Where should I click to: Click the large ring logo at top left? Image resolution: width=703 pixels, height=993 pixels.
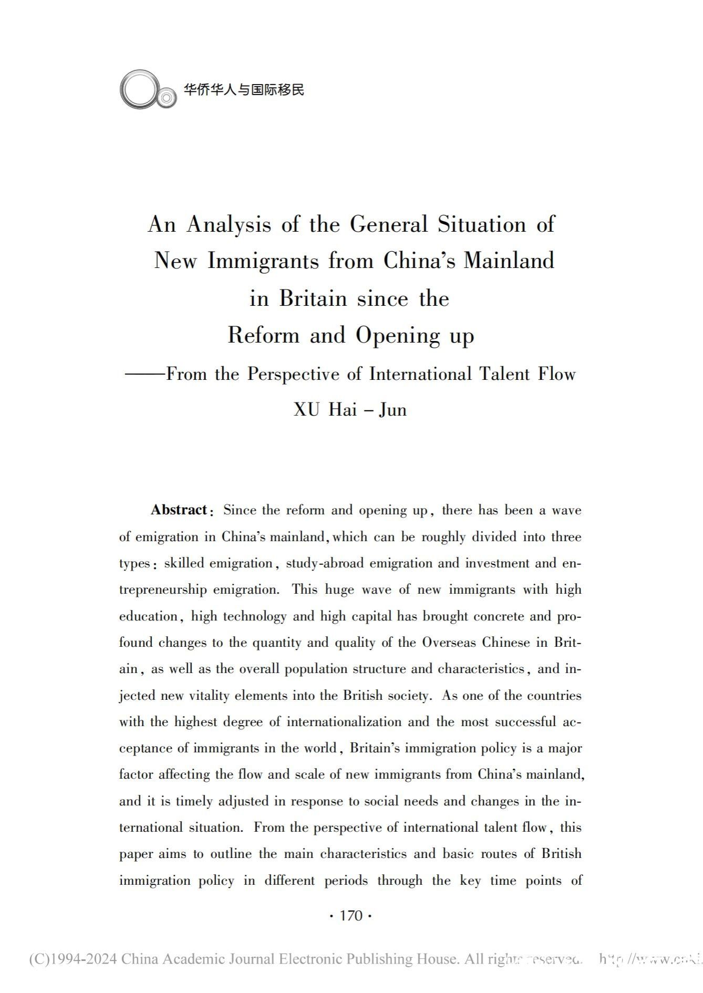tap(139, 90)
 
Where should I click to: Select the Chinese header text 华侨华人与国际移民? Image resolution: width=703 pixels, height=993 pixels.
tap(244, 90)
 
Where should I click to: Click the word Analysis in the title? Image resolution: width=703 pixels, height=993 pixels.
tap(229, 225)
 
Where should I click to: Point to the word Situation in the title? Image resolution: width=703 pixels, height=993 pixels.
tap(482, 225)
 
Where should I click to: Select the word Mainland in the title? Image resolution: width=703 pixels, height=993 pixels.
tap(509, 261)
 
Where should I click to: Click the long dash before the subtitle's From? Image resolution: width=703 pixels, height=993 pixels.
tap(145, 374)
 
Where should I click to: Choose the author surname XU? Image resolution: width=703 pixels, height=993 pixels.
tap(306, 409)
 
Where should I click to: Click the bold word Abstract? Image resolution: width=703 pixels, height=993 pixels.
tap(179, 510)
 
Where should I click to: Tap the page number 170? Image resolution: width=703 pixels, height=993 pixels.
tap(351, 916)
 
